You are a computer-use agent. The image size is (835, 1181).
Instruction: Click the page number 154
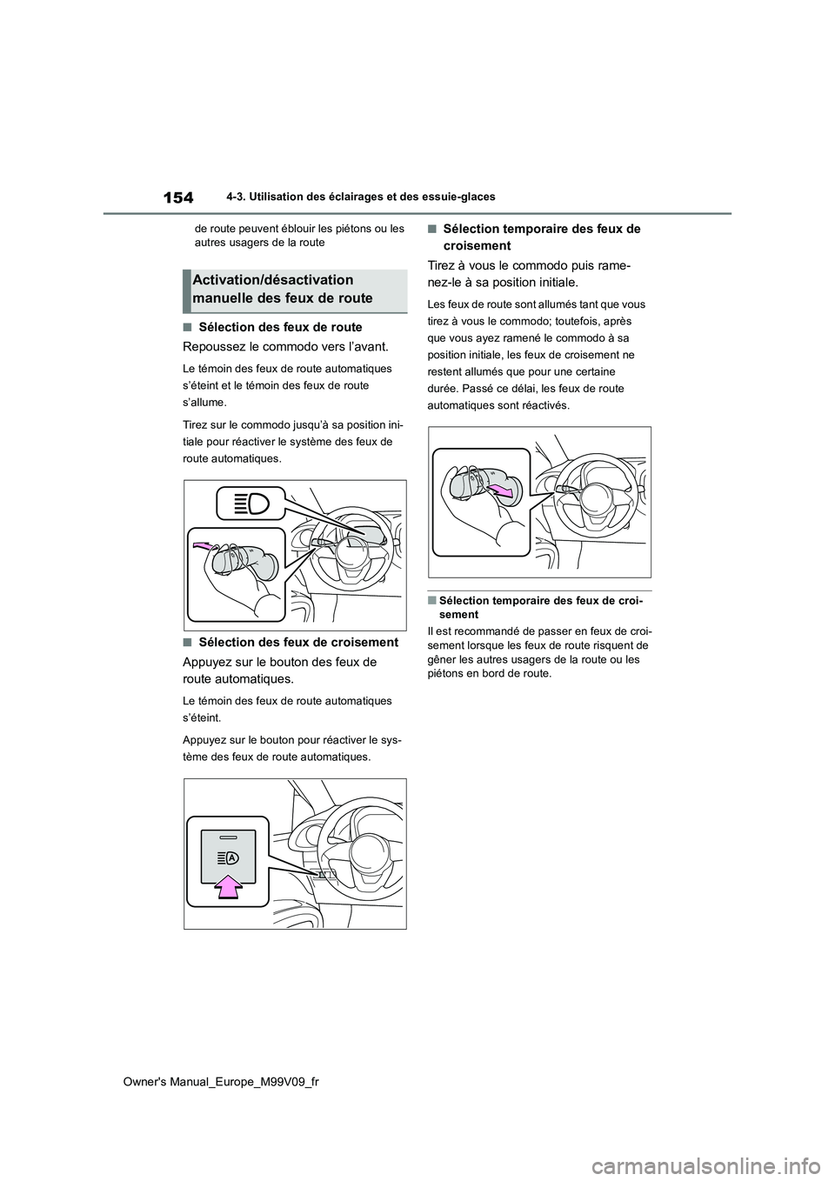[x=178, y=197]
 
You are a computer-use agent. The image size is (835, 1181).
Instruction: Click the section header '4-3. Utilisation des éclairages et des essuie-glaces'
[x=354, y=197]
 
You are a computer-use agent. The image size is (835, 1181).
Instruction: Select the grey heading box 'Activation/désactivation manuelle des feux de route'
[x=295, y=290]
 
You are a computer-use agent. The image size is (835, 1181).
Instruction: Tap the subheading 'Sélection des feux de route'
[x=280, y=328]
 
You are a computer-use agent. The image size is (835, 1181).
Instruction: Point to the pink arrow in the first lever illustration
[x=204, y=545]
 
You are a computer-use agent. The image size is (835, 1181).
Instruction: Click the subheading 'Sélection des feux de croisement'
[x=297, y=643]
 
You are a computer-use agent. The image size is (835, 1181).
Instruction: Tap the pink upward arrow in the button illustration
[x=228, y=884]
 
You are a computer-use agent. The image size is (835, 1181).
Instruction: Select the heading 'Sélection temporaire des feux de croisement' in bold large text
[x=541, y=237]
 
